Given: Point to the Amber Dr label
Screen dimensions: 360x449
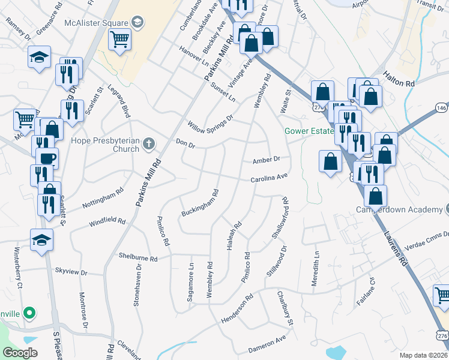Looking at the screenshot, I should (267, 160).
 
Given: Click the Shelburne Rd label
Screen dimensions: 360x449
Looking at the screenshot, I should (137, 257).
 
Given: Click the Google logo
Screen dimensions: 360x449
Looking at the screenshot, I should (20, 353).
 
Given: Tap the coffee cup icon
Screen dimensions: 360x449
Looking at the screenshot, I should (47, 158).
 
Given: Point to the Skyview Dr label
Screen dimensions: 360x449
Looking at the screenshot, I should (71, 272).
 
